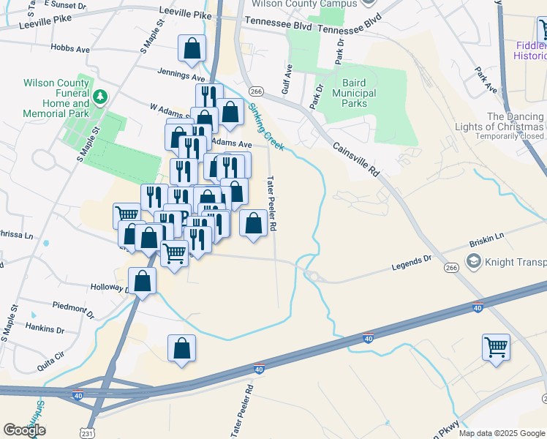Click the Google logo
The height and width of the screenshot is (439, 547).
pyautogui.click(x=24, y=430)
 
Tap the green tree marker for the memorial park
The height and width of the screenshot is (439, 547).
pyautogui.click(x=100, y=96)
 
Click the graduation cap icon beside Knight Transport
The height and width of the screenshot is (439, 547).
pyautogui.click(x=474, y=262)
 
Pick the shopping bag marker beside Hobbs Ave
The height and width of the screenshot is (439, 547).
pyautogui.click(x=192, y=49)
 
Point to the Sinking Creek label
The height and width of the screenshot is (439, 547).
pyautogui.click(x=264, y=126)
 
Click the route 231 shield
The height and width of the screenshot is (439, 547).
pyautogui.click(x=88, y=434)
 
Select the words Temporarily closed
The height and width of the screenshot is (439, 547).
pyautogui.click(x=509, y=136)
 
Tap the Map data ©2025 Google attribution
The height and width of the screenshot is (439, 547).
pyautogui.click(x=502, y=433)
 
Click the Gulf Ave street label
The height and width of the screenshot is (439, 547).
pyautogui.click(x=288, y=80)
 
